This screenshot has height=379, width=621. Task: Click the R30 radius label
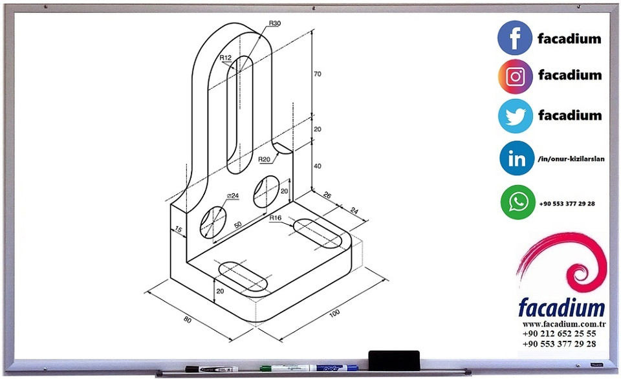pos(275,23)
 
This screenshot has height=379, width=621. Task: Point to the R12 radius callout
pos(225,58)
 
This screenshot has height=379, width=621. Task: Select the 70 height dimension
pos(317,74)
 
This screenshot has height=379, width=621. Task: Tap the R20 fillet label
pos(264,159)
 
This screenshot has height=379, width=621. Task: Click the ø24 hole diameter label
pos(233,195)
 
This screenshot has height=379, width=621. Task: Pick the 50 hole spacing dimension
pos(238,224)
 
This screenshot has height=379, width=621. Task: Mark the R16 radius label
pos(276,218)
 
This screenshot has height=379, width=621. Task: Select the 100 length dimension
pos(334,314)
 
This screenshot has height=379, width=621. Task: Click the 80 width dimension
pos(187,319)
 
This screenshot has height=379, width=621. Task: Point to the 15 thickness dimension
pos(178,230)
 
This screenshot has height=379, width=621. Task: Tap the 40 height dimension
pos(317,166)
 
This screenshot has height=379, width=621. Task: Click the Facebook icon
pos(515,38)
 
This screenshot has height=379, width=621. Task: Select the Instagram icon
pos(515,76)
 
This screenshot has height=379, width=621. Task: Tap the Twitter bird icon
pos(515,116)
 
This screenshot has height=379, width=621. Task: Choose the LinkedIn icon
pos(517,158)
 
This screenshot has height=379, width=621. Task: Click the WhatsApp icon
pos(517,202)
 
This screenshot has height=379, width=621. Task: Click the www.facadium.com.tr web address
pos(563,324)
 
